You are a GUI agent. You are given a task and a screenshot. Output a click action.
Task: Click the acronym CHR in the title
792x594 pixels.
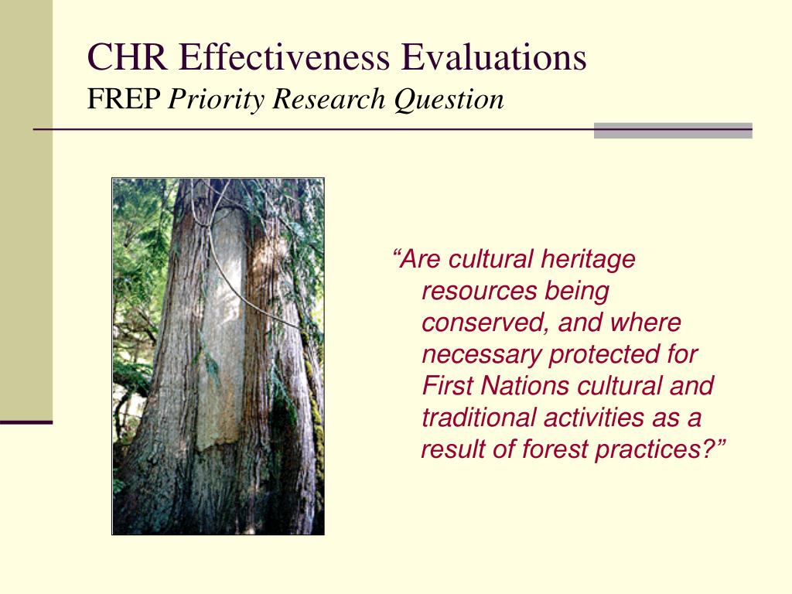point(128,56)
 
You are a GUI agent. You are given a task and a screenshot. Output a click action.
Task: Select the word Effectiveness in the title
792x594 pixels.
point(285,56)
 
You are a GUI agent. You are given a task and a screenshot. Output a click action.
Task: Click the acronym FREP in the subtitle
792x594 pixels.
point(124,99)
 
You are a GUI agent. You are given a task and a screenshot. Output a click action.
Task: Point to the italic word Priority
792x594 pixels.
point(217,100)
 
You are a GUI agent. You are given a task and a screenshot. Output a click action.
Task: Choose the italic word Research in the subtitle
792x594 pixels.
point(329,99)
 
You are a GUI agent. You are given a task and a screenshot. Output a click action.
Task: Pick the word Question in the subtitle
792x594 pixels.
point(449,100)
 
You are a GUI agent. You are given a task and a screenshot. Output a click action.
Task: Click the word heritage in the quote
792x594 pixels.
point(588,260)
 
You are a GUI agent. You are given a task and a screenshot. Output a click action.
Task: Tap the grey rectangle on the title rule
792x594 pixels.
point(673,130)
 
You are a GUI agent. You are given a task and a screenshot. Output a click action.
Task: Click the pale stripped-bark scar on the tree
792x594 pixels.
point(222,328)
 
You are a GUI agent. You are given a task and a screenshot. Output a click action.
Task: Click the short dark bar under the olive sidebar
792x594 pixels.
point(26,422)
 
